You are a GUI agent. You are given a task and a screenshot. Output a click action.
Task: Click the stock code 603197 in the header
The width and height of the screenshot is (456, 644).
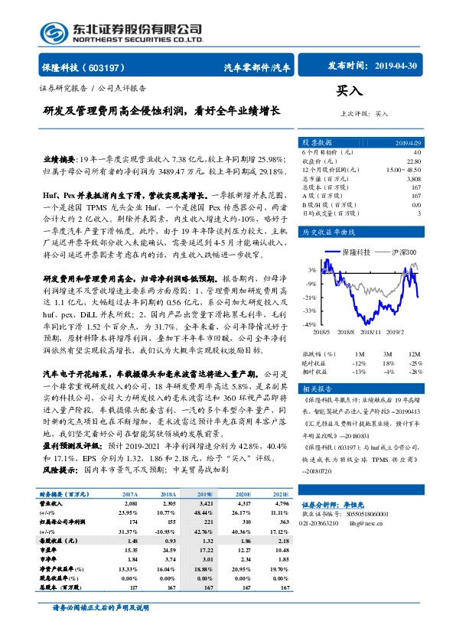pos(110,67)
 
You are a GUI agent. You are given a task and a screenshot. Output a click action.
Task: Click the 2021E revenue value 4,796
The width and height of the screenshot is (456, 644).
pos(282,504)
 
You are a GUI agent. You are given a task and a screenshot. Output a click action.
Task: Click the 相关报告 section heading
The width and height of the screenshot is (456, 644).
pos(315,389)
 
